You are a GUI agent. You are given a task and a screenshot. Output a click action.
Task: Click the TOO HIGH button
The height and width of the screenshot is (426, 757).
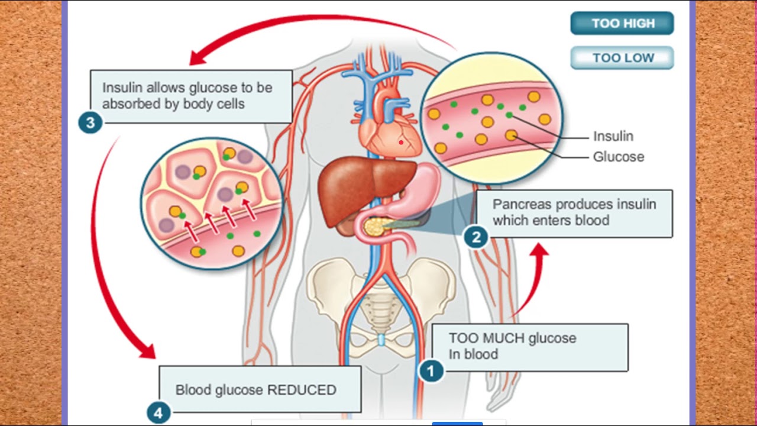coord(622,24)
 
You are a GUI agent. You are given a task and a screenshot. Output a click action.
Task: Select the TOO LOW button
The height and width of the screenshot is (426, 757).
coord(622,58)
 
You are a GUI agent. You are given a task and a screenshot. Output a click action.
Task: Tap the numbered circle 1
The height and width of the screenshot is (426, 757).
coord(431,371)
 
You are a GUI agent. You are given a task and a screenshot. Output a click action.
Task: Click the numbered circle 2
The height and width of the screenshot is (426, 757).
coord(475,237)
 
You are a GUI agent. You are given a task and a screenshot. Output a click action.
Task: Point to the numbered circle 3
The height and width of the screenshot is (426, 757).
coord(90,122)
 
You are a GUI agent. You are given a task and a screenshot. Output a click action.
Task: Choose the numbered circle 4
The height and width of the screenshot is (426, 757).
coord(158,412)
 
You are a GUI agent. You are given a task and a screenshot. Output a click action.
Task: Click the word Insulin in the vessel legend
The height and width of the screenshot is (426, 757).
coord(613,136)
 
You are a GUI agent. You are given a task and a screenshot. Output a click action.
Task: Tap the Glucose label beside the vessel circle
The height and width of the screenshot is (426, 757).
coord(618,157)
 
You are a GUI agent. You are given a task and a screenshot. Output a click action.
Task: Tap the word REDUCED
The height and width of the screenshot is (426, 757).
coord(302,390)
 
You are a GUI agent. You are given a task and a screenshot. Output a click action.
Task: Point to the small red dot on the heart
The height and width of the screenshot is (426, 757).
coord(401,142)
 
